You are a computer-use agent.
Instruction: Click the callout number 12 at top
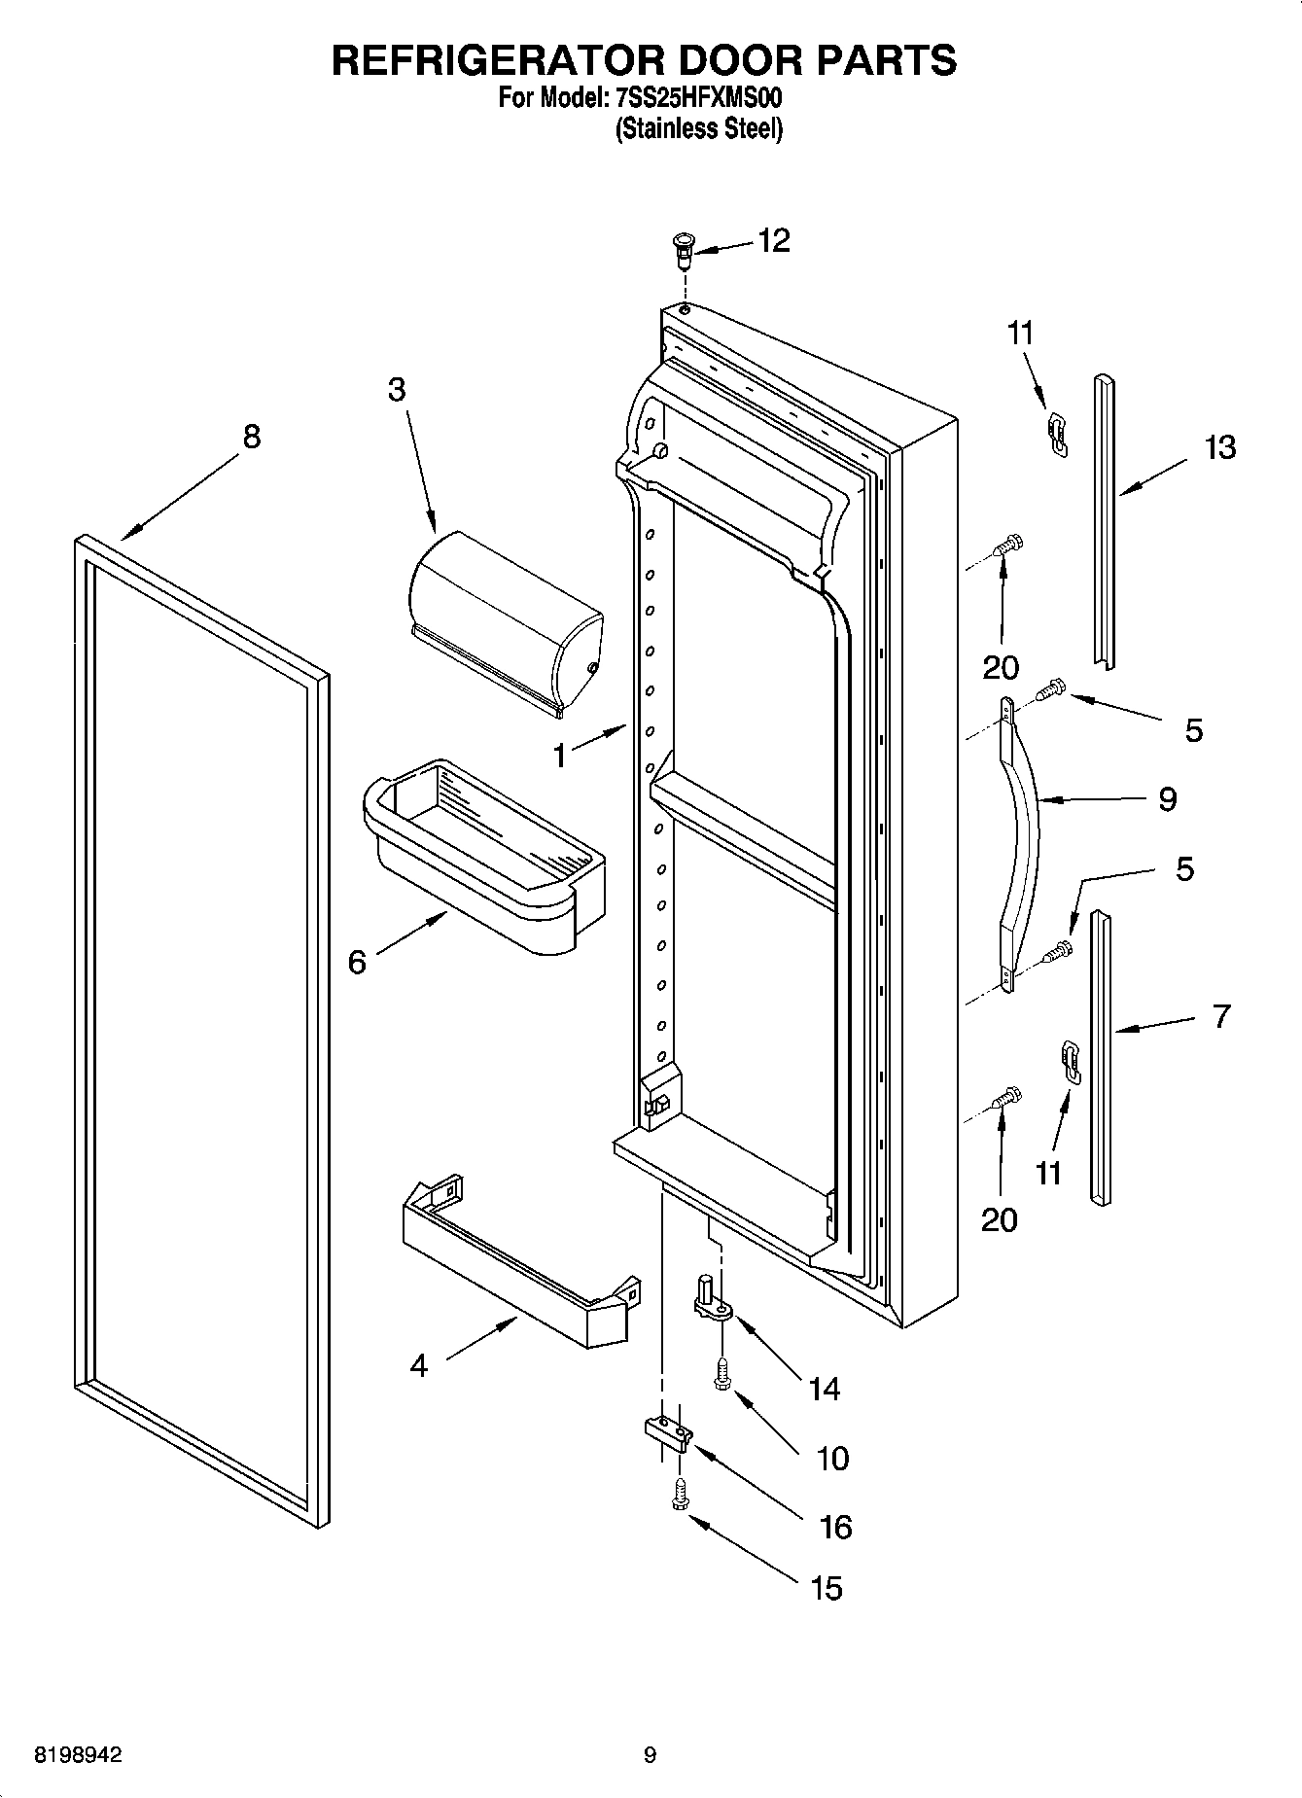click(774, 240)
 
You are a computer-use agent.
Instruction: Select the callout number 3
click(397, 390)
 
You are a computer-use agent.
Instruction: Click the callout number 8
click(251, 437)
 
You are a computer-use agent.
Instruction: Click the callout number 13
click(1219, 448)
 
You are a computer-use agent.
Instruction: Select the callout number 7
click(1221, 1016)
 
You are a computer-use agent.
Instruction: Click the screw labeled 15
click(680, 1495)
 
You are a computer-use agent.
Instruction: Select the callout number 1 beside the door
click(560, 756)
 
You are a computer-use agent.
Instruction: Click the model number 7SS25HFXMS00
click(699, 98)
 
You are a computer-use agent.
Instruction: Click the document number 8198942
click(78, 1755)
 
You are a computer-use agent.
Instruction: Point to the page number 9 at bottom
click(650, 1755)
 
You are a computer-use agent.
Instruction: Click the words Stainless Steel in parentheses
click(699, 128)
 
